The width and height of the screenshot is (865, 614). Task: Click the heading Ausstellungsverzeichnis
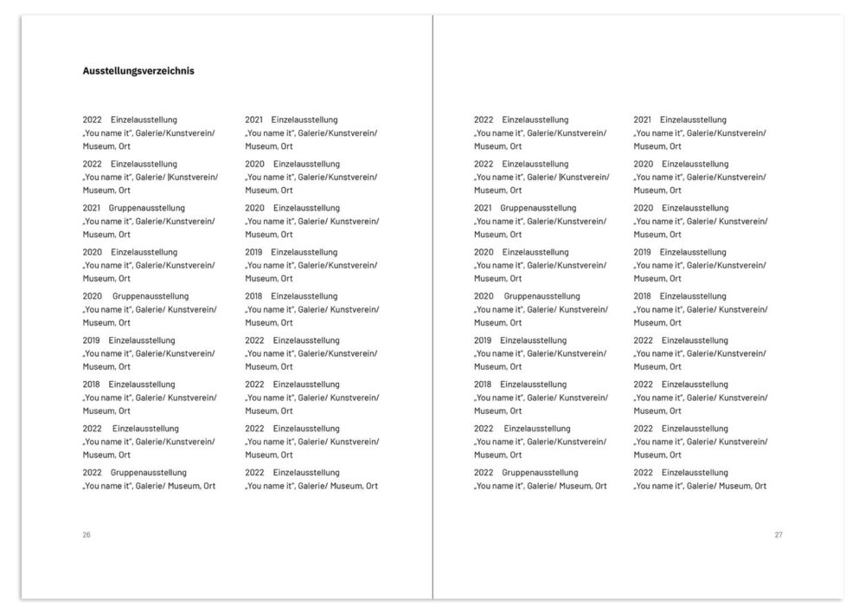(138, 71)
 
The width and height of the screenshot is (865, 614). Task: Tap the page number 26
(86, 535)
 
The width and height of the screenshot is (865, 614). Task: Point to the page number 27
(778, 535)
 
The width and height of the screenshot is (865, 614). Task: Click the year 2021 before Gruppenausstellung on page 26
(93, 208)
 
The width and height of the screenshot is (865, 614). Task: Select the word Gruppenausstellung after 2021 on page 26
(147, 208)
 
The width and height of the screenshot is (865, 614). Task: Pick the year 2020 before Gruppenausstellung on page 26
(93, 296)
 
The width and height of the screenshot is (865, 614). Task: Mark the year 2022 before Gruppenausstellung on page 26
(93, 473)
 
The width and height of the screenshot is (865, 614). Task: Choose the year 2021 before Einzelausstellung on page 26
(254, 120)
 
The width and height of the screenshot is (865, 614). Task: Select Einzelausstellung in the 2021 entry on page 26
(304, 120)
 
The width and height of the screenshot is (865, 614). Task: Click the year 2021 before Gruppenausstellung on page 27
(484, 208)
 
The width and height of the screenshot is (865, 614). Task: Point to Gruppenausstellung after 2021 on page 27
(538, 208)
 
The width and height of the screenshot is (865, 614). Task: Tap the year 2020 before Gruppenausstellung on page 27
(484, 296)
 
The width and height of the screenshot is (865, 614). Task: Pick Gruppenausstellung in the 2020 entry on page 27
(542, 296)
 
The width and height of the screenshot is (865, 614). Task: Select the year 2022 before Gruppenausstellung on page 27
(484, 473)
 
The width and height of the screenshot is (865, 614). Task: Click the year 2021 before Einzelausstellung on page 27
(643, 120)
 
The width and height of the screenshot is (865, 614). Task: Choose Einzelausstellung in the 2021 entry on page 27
(693, 120)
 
